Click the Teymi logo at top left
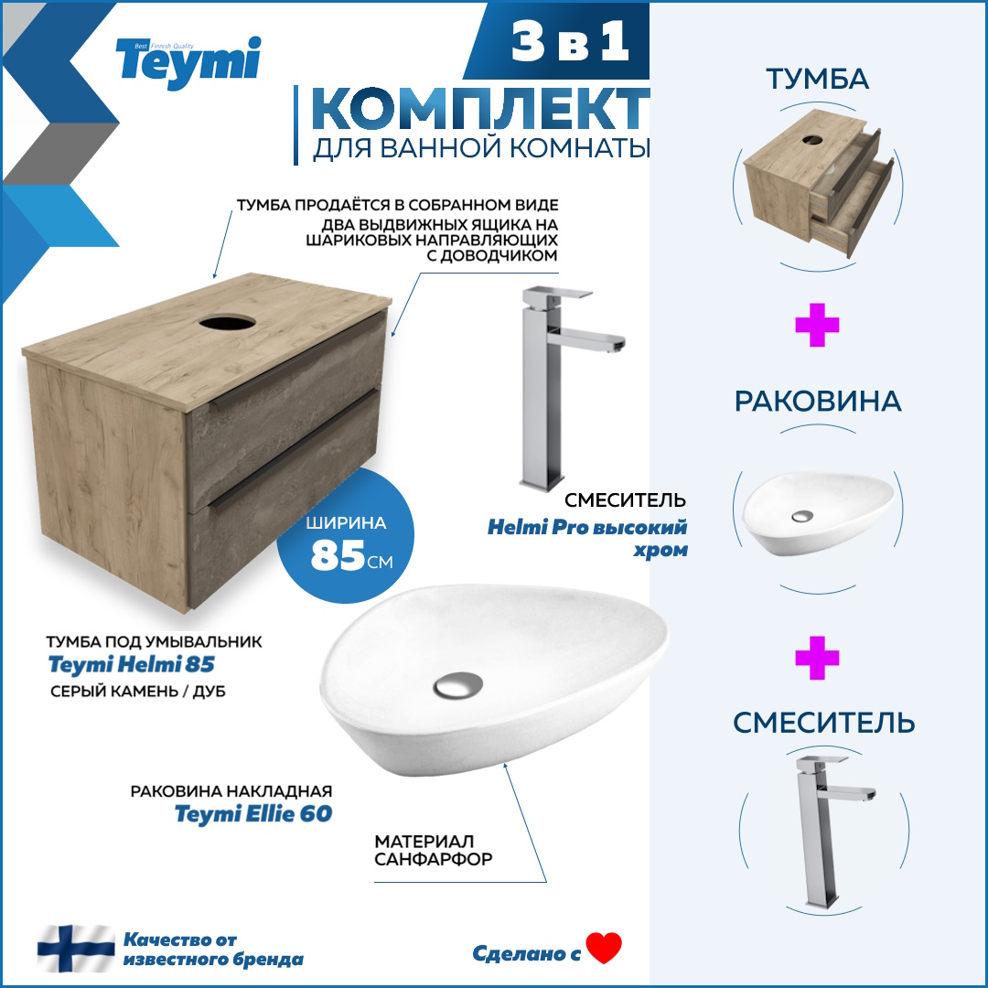pos(188,62)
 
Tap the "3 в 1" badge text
pos(570,41)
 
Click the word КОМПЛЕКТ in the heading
pos(481,109)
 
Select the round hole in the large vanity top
pos(228,323)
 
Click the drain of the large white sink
pos(458,685)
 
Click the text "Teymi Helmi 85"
pos(132,665)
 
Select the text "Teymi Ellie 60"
pos(253,814)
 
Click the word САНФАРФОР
pos(434,859)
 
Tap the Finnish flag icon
pos(76,949)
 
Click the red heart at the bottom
pos(604,948)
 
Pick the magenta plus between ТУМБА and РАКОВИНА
pos(817,325)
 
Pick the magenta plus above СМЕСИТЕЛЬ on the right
pos(817,658)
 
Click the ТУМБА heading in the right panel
pos(817,80)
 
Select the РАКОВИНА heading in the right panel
pos(818,402)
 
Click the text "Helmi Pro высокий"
pos(587,528)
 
